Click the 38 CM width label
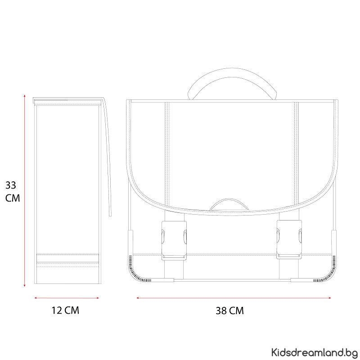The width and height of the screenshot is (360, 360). click(229, 310)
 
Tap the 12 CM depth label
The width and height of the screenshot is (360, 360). click(65, 310)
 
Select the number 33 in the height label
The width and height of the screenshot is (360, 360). click(11, 185)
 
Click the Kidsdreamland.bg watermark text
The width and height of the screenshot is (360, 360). click(314, 352)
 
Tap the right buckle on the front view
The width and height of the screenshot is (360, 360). click(289, 240)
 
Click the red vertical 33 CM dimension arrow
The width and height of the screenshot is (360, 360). click(25, 190)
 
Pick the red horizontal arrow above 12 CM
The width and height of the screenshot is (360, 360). click(67, 298)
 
